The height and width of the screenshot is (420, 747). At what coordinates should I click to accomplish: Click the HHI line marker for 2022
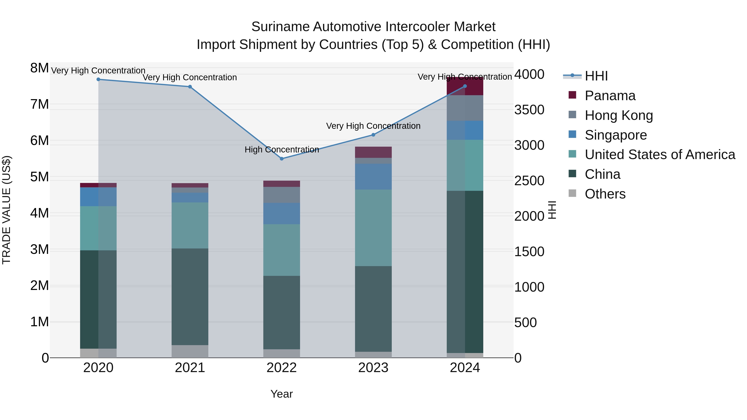click(282, 158)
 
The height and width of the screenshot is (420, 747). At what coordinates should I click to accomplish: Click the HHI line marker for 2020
click(98, 79)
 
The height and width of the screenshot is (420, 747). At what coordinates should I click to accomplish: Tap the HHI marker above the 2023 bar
click(373, 135)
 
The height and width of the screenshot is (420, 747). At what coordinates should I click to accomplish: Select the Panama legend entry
click(610, 96)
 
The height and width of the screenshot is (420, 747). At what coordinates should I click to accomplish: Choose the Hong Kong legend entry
click(619, 115)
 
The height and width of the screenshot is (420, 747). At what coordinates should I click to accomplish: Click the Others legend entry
click(605, 194)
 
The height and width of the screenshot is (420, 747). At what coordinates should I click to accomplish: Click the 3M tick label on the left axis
click(39, 250)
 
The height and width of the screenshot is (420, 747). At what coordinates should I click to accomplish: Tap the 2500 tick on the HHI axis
click(529, 181)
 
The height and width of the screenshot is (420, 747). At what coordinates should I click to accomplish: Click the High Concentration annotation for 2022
click(282, 150)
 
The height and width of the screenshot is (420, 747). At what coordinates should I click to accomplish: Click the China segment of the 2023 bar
click(373, 309)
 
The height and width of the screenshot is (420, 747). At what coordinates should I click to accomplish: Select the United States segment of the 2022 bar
click(282, 250)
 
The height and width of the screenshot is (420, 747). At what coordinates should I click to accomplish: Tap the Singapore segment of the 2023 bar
click(373, 177)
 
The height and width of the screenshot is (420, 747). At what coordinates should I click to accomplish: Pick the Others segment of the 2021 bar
click(190, 351)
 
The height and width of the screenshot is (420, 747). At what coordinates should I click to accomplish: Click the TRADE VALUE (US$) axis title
click(6, 210)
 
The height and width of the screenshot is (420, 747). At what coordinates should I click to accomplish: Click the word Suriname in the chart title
click(280, 27)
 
